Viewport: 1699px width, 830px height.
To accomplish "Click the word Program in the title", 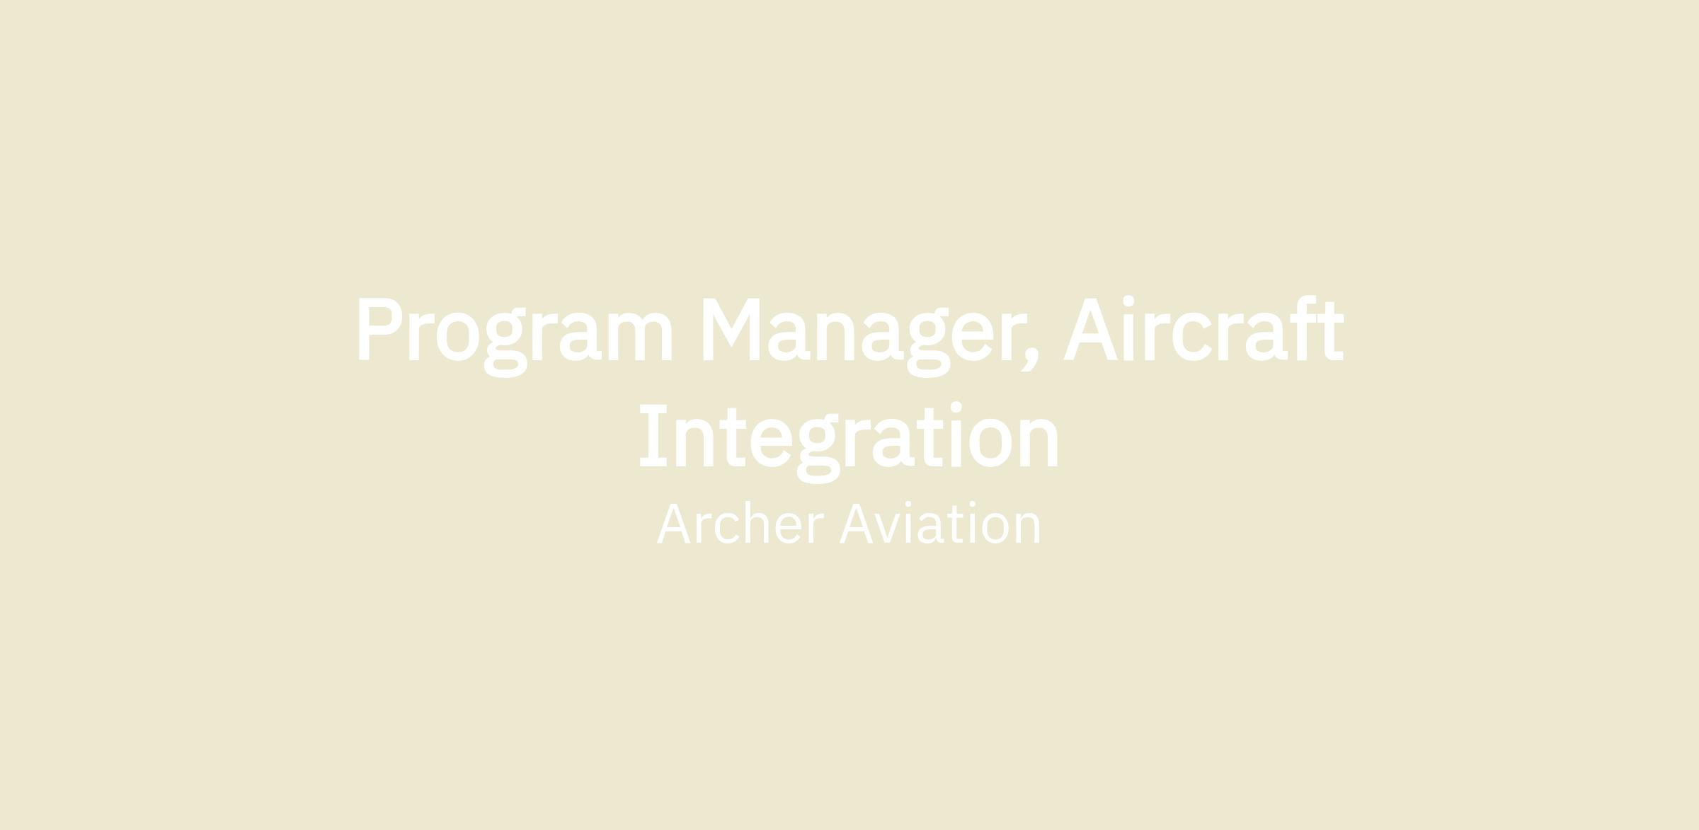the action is [515, 337].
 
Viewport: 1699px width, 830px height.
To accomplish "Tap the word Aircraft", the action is [1203, 328].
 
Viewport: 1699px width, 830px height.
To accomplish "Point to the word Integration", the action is [849, 442].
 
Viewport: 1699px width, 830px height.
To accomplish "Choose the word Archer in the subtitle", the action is [740, 524].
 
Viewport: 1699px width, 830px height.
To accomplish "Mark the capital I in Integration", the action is [653, 436].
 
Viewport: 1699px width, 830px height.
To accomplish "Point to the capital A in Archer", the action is [673, 524].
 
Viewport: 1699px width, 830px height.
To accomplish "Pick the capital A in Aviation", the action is [856, 524].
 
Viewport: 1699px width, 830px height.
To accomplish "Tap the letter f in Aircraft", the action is [1303, 328].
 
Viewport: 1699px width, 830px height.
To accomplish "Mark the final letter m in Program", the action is [640, 337].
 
